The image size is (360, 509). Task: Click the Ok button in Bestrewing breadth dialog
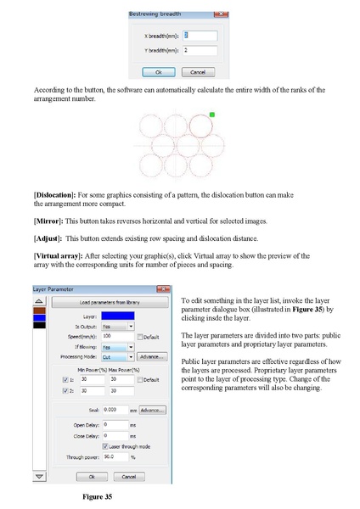(159, 72)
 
